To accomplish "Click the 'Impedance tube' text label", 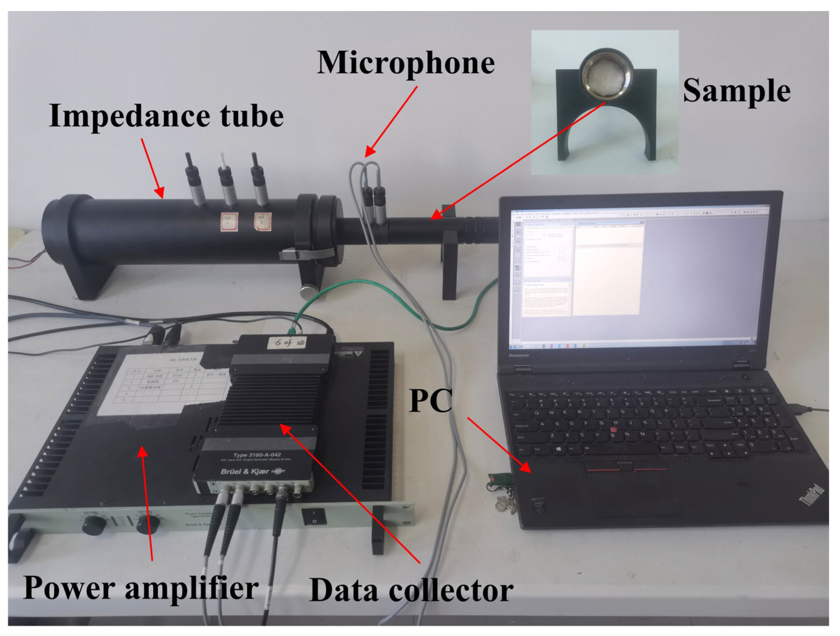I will click(166, 116).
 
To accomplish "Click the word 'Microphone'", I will click(406, 63).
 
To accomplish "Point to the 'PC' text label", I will click(430, 401).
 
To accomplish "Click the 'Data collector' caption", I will click(411, 591).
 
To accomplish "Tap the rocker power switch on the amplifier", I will click(314, 517).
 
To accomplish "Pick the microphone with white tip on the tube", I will click(227, 182).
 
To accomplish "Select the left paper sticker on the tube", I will click(229, 221).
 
